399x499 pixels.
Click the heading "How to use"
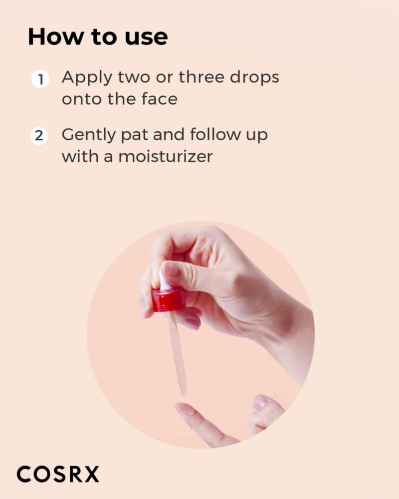coord(98,37)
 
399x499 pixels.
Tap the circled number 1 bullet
coord(40,79)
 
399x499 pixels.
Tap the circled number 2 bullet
coord(39,136)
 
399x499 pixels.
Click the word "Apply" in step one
coord(87,78)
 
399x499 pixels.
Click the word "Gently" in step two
coord(89,135)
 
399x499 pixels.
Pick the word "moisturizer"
coord(166,156)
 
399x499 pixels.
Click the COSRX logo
coord(57,474)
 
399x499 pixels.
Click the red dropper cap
coord(168,299)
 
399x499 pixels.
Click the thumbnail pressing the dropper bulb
coord(172,269)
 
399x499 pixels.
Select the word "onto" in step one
coord(82,99)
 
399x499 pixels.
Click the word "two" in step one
coord(134,78)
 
